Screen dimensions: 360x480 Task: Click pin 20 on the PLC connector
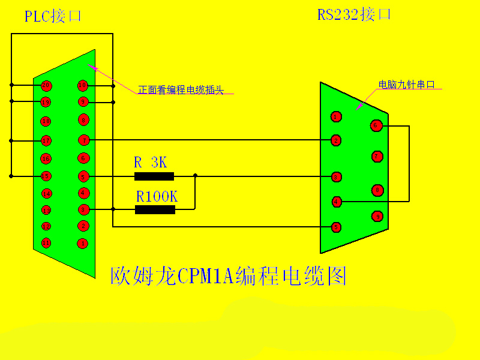[46, 85]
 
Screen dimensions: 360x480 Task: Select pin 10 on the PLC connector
[83, 85]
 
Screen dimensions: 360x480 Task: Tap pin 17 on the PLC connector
[46, 141]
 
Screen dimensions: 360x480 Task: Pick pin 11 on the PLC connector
[46, 243]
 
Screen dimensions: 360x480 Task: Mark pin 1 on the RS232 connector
[336, 116]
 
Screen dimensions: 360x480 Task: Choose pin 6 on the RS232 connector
[376, 125]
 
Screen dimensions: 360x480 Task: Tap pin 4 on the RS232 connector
[337, 202]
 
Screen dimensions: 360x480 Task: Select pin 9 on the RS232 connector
[377, 215]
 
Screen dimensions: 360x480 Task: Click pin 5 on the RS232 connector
[337, 227]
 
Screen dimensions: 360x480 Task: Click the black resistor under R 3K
[154, 176]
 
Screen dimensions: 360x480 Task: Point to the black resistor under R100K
[155, 209]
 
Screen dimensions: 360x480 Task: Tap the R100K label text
[157, 196]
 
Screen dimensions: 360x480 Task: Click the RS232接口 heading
[354, 14]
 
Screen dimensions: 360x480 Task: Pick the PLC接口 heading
[53, 16]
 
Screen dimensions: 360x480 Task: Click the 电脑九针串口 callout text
[406, 85]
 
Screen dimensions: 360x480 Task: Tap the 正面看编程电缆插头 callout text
[181, 89]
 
